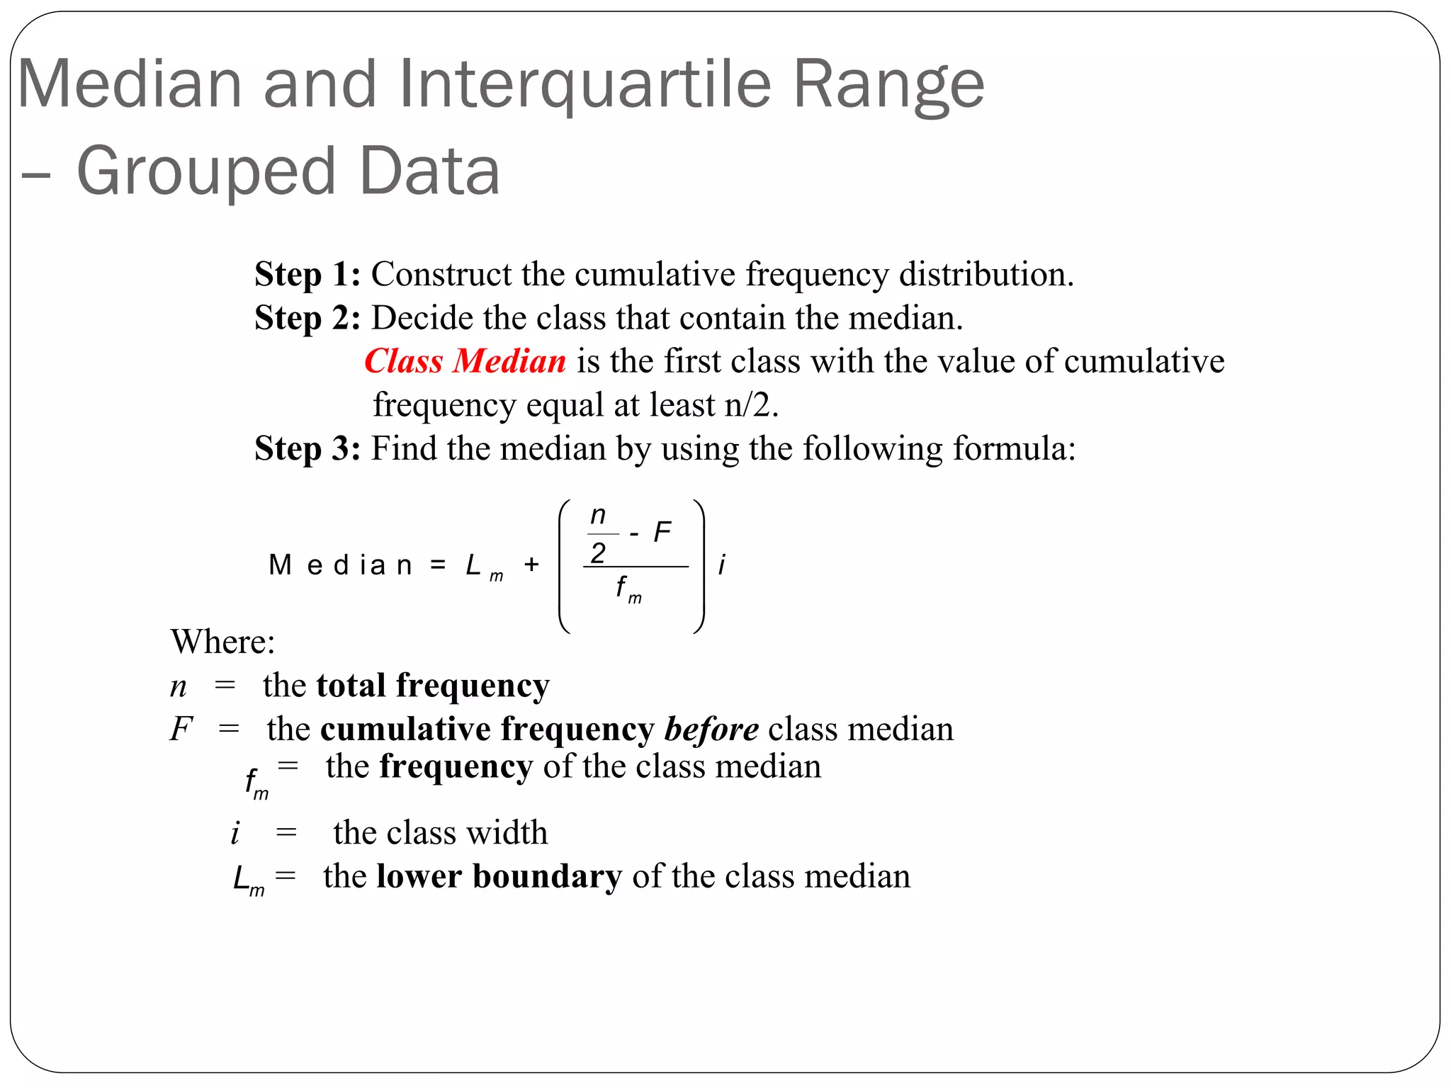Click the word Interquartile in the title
point(585,85)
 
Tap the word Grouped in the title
point(205,171)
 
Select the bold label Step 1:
point(307,274)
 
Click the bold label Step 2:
point(307,318)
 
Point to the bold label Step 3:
point(307,448)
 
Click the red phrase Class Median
point(465,361)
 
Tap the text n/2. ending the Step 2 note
point(751,405)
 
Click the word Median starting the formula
point(340,565)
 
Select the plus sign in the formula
point(531,565)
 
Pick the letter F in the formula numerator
point(662,532)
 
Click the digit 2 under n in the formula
point(599,553)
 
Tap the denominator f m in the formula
point(628,589)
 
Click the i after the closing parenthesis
point(721,565)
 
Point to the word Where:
point(222,642)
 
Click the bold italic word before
point(711,729)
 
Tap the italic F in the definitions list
point(181,729)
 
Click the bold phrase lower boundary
point(499,876)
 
